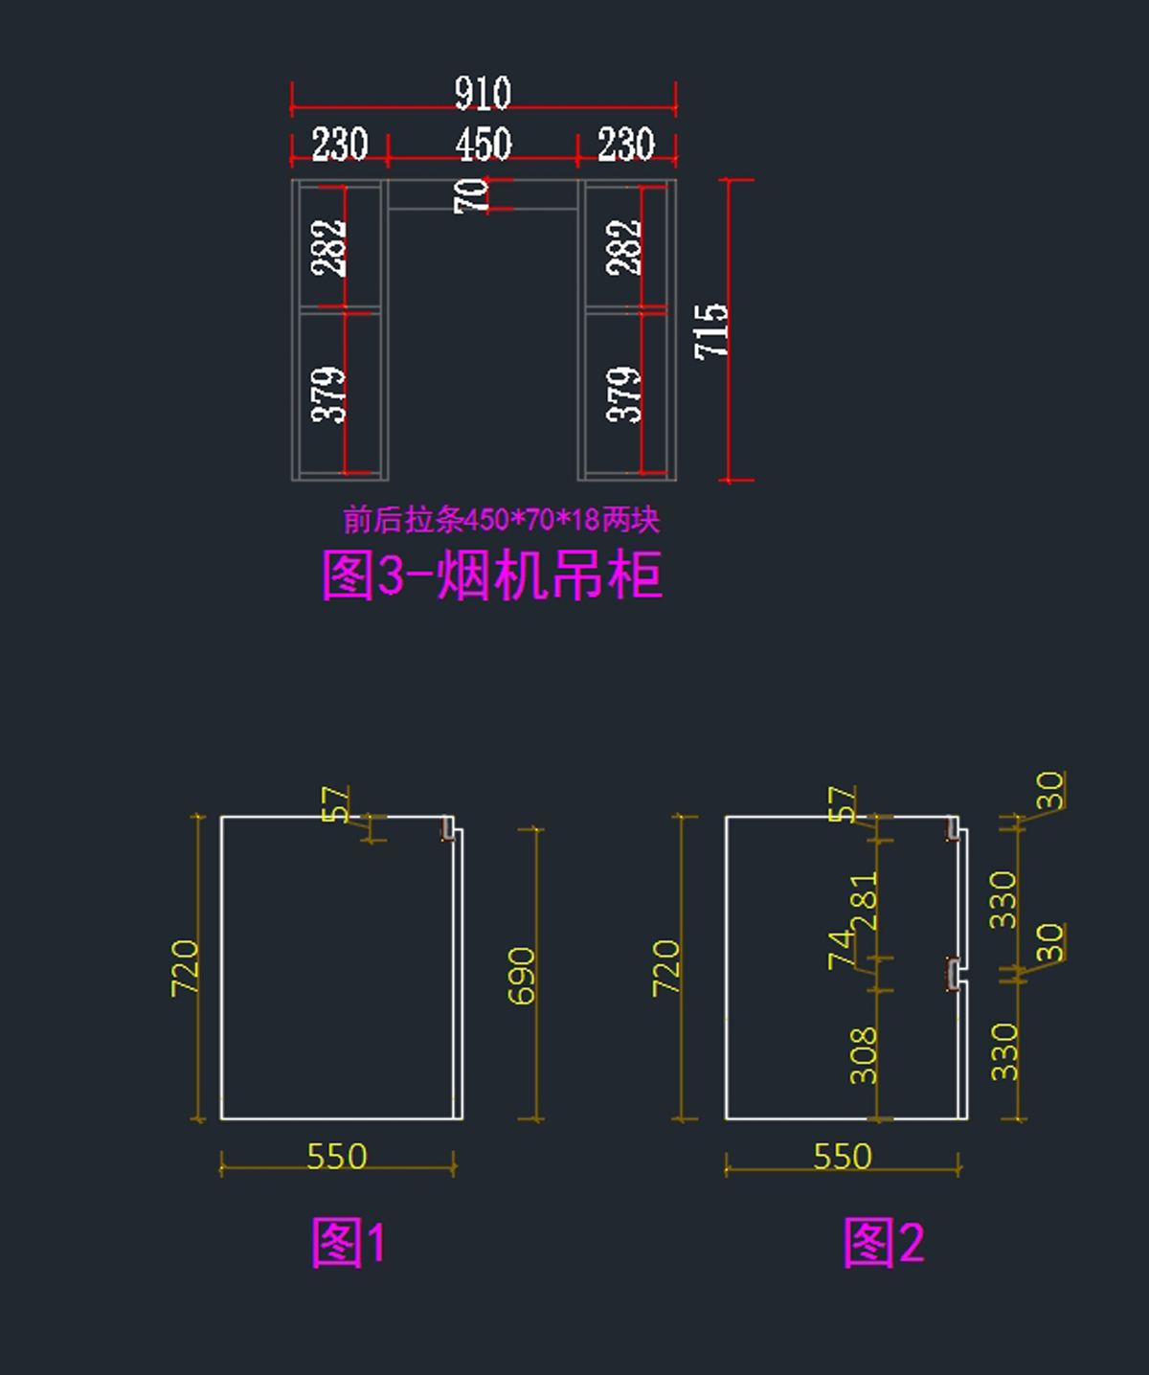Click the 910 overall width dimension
[483, 94]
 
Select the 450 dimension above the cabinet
[484, 145]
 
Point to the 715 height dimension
[711, 330]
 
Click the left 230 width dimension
[340, 145]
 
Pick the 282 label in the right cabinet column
[623, 247]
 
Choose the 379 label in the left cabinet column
[327, 394]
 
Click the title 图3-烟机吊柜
[491, 575]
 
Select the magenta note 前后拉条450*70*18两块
[501, 520]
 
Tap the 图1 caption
[349, 1243]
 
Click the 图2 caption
[884, 1243]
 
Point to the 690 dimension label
[521, 976]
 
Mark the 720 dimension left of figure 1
[185, 967]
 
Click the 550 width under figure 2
[843, 1157]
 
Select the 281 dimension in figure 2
[864, 901]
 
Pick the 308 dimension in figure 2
[864, 1055]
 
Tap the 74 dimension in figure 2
[840, 949]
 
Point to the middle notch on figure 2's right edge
[953, 974]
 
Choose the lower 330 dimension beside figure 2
[1003, 1051]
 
